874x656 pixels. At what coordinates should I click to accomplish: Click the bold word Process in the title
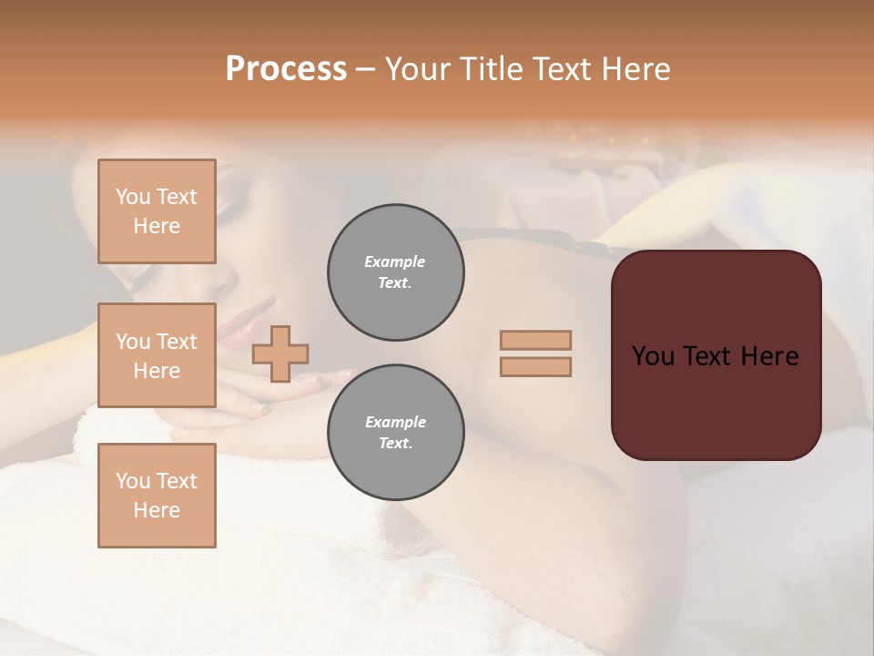point(286,68)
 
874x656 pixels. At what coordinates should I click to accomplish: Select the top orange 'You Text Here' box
point(157,211)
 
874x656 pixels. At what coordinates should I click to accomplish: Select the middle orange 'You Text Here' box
point(157,355)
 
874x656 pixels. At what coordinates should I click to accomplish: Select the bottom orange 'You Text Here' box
point(157,495)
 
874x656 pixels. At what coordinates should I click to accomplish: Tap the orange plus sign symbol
point(280,353)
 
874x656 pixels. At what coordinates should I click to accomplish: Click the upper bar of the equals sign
point(535,340)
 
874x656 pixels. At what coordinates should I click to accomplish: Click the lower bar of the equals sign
point(535,367)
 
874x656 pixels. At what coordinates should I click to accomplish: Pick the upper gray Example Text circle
point(395,272)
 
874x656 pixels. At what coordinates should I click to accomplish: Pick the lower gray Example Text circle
point(395,433)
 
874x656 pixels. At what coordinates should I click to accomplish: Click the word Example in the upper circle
point(394,261)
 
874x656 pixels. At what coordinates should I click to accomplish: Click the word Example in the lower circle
point(395,422)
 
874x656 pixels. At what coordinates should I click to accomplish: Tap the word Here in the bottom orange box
point(157,510)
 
